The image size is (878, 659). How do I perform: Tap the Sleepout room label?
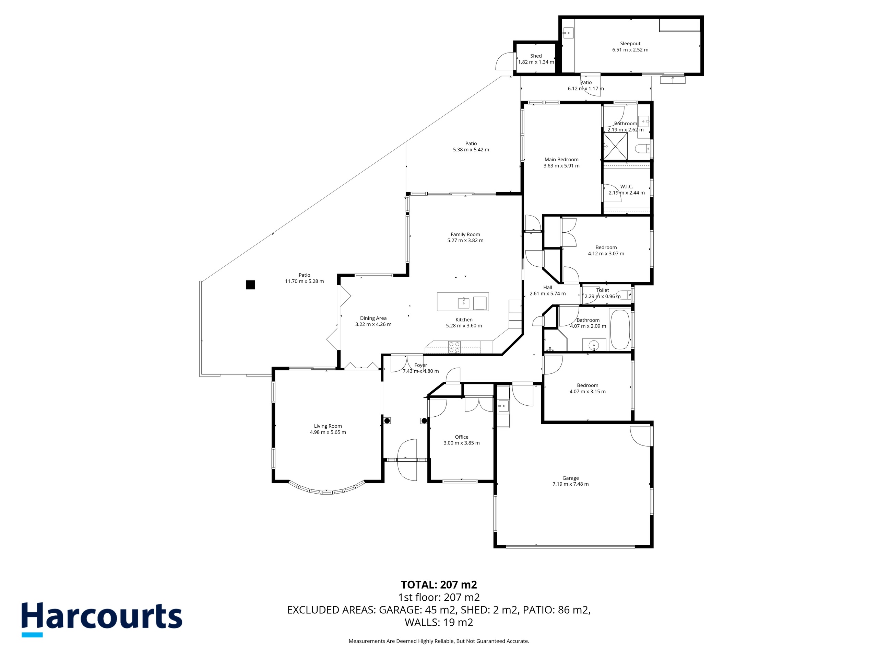pos(630,44)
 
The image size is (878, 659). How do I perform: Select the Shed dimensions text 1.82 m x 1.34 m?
pos(536,62)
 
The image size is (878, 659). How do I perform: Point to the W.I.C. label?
pos(627,187)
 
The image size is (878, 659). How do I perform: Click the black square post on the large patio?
pos(250,285)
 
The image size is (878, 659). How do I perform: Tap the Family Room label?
pos(465,234)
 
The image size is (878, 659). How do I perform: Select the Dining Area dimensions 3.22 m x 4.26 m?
pos(373,324)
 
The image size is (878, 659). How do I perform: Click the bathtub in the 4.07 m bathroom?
pos(620,329)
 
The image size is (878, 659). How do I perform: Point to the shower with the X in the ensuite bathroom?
pos(616,146)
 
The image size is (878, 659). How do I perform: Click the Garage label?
pos(570,478)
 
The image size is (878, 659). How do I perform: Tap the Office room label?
pos(462,437)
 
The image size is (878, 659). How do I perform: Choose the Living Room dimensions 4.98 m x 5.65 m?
pos(328,432)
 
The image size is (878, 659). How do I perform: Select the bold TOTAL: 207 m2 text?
pos(439,585)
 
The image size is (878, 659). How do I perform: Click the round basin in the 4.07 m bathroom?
pos(593,345)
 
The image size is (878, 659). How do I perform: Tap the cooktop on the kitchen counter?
pos(454,347)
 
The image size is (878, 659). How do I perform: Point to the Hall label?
pos(548,288)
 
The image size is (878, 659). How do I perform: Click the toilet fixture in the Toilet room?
pos(626,295)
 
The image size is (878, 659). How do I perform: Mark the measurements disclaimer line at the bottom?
pos(439,641)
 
